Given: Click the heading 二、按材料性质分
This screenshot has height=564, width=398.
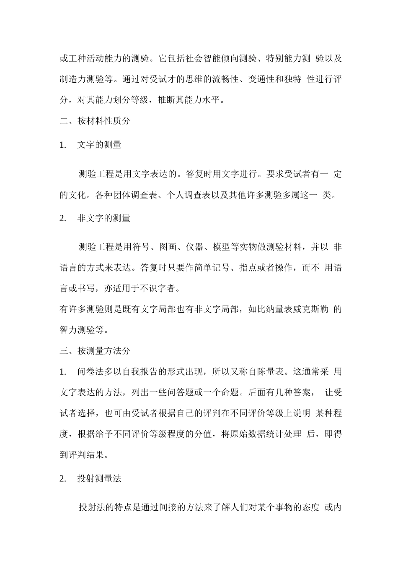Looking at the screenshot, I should click(x=95, y=121).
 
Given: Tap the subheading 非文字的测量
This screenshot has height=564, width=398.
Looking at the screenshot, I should click(x=104, y=218).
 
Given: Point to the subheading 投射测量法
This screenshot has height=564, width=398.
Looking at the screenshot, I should click(x=99, y=478).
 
